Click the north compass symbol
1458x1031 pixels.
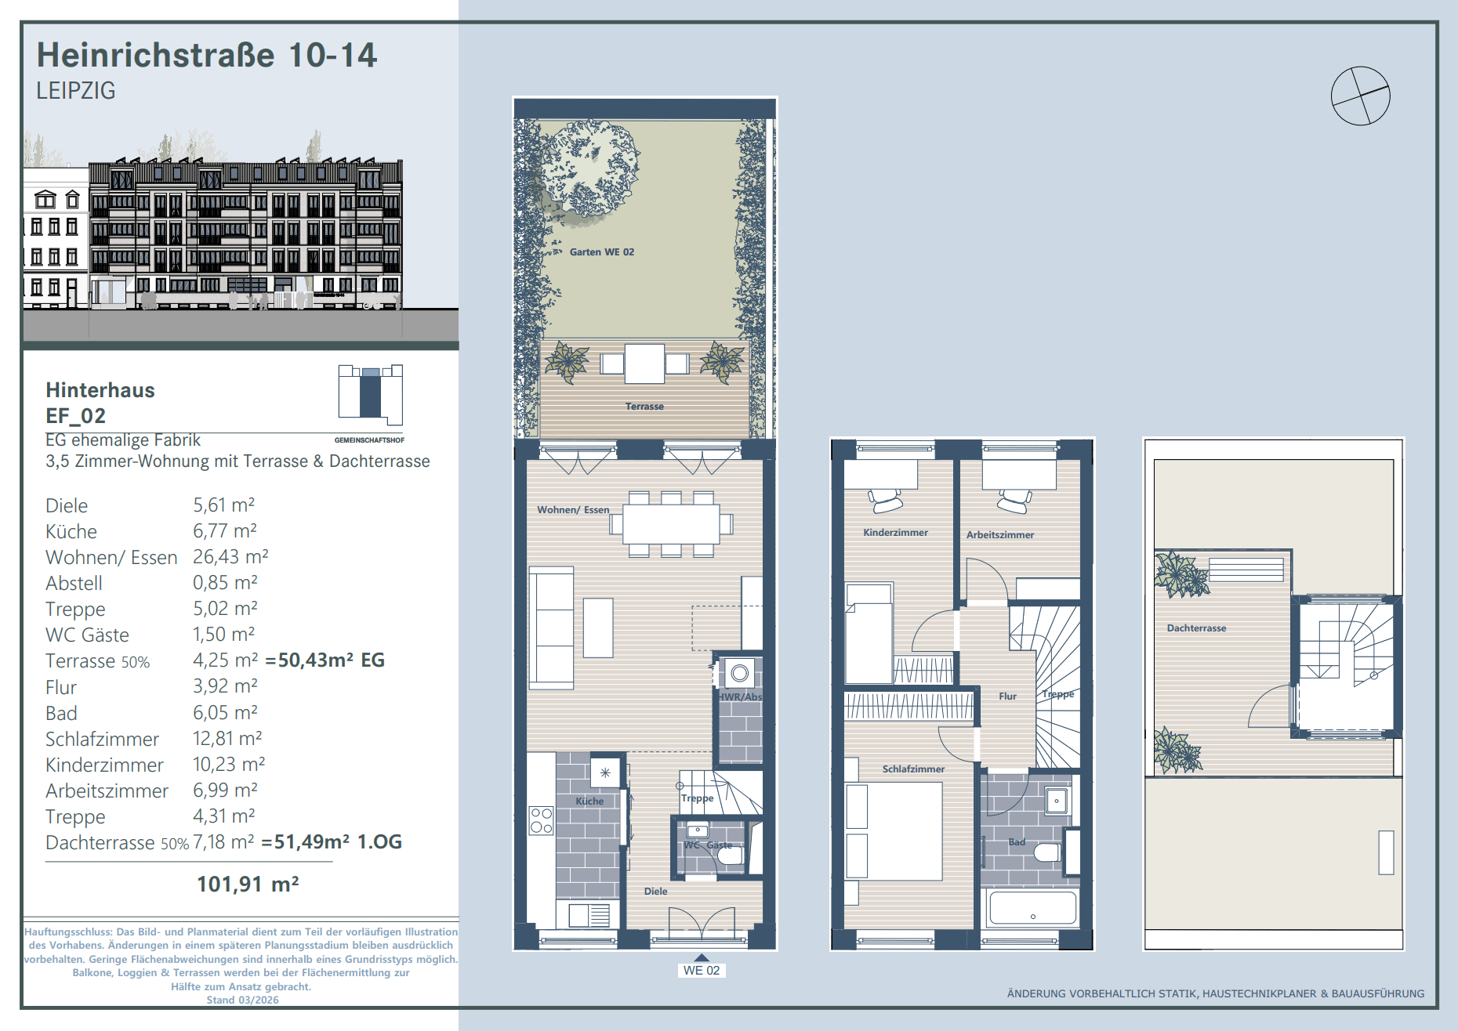coord(1360,96)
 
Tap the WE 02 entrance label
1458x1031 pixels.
coord(702,970)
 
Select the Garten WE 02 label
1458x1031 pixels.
coord(602,252)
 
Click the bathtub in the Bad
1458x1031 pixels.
coord(1033,909)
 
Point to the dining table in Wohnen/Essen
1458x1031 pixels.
coord(670,524)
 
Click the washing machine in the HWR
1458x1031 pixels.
coord(739,673)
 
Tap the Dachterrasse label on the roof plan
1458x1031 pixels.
coord(1196,628)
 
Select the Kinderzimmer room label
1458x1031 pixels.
coord(895,533)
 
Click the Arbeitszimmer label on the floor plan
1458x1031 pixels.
coord(1000,535)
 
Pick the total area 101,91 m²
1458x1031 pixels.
coord(248,884)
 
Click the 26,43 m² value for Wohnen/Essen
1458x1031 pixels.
coord(230,557)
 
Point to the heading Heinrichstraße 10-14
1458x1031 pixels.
coord(207,55)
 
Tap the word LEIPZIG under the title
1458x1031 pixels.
coord(76,91)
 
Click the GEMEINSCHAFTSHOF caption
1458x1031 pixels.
coord(369,440)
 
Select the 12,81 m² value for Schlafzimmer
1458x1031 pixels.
coord(227,739)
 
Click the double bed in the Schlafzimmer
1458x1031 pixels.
coord(894,831)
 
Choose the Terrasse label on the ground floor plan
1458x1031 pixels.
coord(644,407)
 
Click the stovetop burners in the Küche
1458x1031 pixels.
coord(541,820)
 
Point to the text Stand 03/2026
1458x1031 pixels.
coord(242,1000)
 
